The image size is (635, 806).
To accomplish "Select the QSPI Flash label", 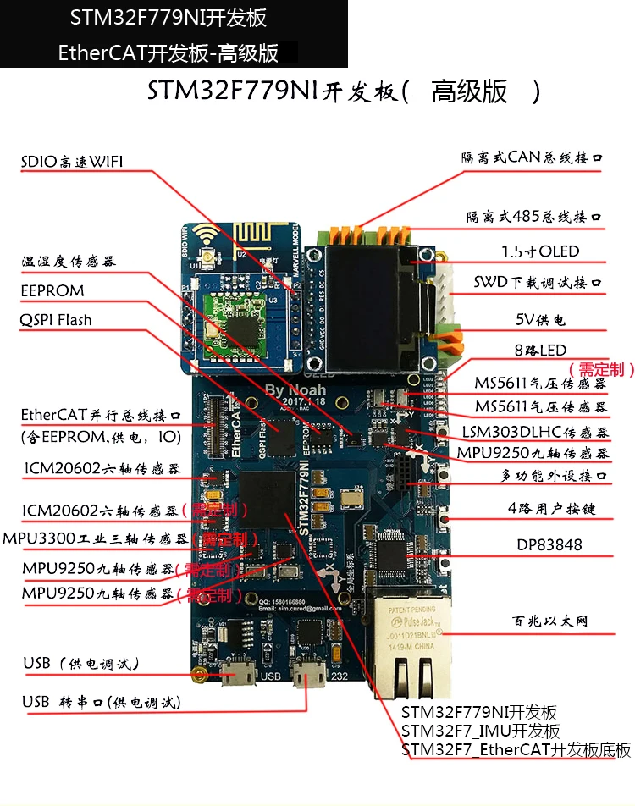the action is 57,320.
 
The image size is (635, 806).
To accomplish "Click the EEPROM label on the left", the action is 52,290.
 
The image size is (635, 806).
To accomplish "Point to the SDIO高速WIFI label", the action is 72,162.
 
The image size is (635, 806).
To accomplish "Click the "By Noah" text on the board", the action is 301,390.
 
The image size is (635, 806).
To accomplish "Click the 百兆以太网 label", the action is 555,621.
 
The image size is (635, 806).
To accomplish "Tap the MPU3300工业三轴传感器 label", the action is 95,538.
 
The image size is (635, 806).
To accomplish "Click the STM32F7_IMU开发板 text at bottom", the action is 480,731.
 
